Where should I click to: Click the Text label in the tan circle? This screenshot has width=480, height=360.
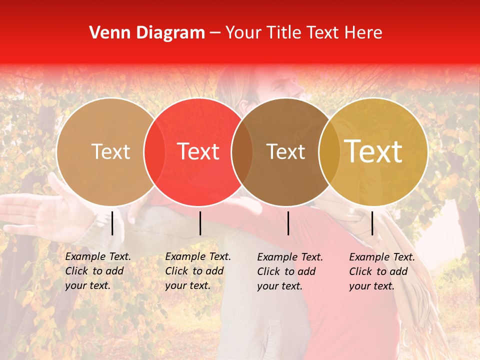[110, 151]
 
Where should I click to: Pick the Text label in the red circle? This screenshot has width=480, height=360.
[198, 151]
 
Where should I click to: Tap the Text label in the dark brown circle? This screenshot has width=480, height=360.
[286, 151]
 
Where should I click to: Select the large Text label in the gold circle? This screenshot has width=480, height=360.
[373, 151]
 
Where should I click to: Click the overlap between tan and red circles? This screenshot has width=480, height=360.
[154, 151]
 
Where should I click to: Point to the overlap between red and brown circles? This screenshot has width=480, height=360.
[242, 151]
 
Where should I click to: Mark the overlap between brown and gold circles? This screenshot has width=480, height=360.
[329, 151]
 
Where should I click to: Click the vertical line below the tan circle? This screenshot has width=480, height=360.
[112, 223]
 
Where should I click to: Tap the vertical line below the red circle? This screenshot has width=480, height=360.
[200, 223]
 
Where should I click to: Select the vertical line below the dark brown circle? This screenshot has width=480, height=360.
[288, 223]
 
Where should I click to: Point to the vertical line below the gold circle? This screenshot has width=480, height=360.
[372, 223]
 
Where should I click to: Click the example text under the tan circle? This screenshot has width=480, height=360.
[98, 271]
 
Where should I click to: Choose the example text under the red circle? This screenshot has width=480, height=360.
[198, 271]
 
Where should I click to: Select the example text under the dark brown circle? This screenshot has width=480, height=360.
[290, 271]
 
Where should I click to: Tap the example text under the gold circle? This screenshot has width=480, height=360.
[382, 271]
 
